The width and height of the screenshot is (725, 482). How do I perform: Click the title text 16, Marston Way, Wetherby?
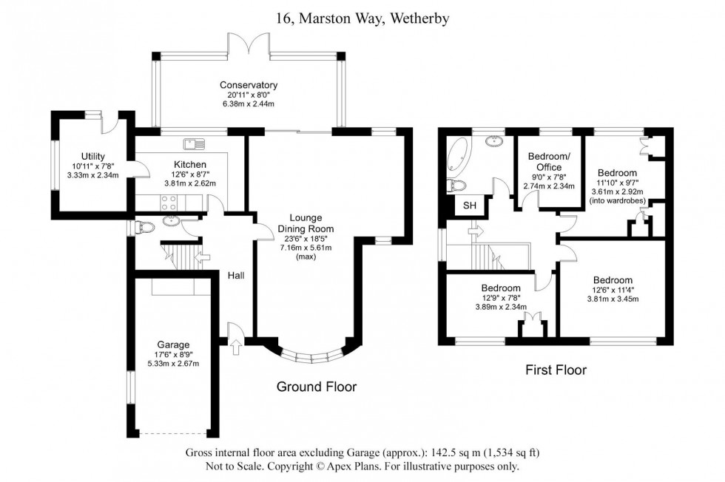[x=362, y=18]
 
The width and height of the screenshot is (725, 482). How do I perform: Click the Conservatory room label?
[x=248, y=84]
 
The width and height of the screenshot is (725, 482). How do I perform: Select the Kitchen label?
[x=190, y=164]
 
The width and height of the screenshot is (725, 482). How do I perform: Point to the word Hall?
[x=237, y=276]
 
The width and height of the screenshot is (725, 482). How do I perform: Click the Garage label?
[x=173, y=344]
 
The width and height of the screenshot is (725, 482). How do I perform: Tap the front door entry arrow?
[x=236, y=345]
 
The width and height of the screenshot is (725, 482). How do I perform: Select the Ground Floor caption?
[x=317, y=387]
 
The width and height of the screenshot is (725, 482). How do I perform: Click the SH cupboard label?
[x=469, y=206]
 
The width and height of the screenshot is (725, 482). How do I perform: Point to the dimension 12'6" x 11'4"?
[x=612, y=290]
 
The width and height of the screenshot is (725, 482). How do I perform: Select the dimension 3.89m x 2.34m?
[x=500, y=308]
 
